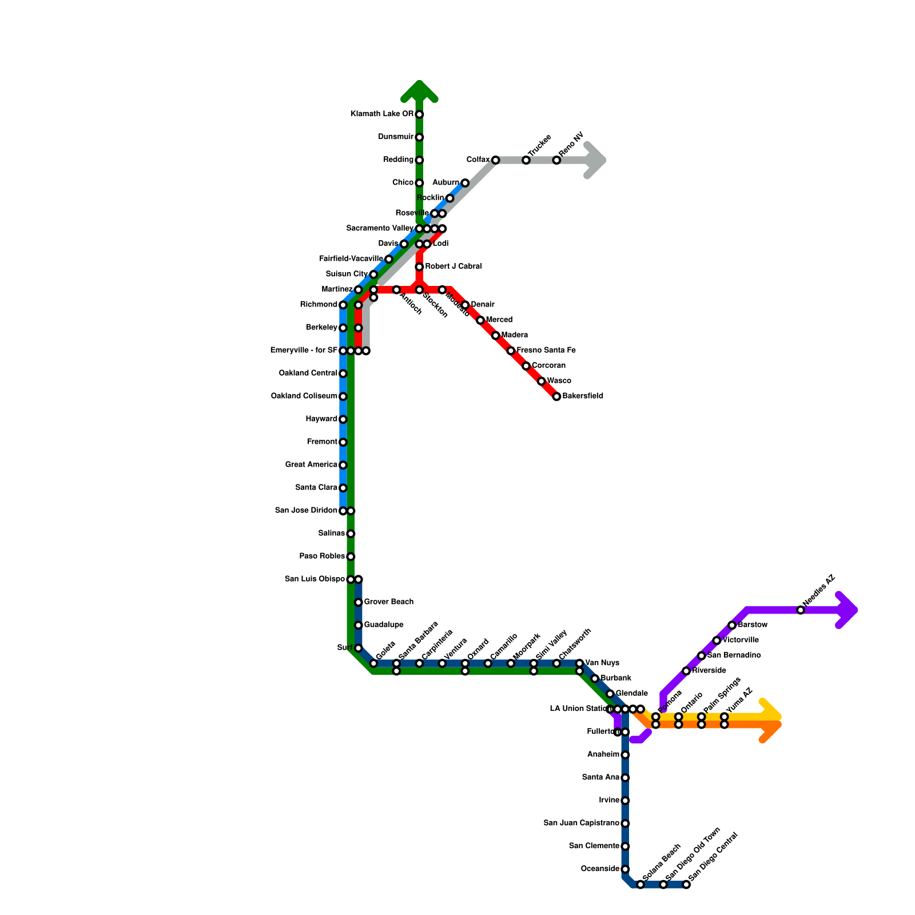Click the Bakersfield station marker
point(556,396)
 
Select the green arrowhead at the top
point(420,90)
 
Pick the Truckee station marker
point(526,160)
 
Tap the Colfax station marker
point(495,160)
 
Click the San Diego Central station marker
point(686,885)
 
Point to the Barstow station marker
point(732,625)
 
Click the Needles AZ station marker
point(801,610)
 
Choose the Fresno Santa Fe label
point(546,351)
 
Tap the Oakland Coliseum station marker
point(343,396)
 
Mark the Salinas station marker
point(351,534)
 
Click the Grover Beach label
point(388,602)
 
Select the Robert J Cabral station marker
point(419,267)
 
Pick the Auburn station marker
point(465,183)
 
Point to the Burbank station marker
point(595,679)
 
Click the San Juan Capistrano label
point(581,823)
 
